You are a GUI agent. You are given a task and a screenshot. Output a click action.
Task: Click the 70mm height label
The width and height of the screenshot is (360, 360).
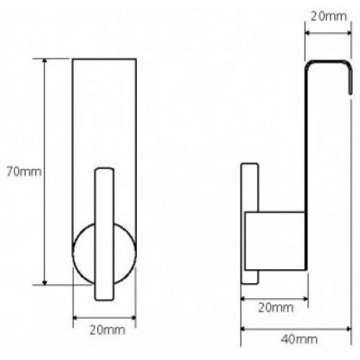(24, 171)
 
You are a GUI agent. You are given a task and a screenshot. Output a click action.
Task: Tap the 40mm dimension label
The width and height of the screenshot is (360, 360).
(299, 339)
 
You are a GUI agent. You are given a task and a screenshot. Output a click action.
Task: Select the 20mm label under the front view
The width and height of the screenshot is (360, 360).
(107, 330)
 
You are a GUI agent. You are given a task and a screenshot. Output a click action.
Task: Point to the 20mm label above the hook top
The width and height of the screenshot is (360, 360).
(328, 17)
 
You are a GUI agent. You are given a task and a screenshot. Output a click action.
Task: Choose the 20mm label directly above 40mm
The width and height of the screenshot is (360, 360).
(276, 307)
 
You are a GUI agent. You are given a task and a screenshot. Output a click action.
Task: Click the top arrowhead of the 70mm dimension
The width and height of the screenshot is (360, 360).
(45, 60)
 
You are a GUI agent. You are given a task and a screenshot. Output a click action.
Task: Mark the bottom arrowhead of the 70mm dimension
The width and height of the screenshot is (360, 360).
(45, 282)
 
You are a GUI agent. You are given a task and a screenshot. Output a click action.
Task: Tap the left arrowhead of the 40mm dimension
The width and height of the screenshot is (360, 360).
(243, 329)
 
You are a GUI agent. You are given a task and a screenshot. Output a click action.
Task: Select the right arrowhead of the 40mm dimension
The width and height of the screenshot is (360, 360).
(348, 329)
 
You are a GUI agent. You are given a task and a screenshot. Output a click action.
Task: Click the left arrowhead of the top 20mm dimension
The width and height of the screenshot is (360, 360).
(307, 33)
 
